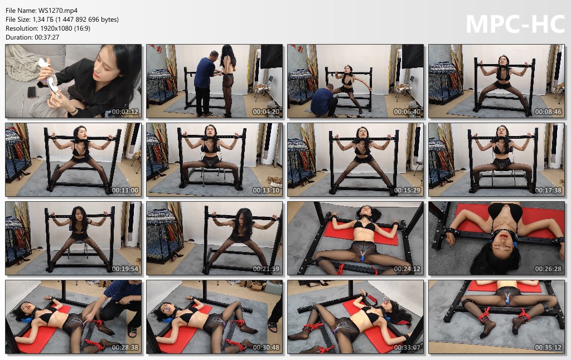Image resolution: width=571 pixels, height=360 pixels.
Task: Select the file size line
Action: pyautogui.click(x=62, y=20)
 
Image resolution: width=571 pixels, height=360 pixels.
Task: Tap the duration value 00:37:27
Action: pyautogui.click(x=47, y=37)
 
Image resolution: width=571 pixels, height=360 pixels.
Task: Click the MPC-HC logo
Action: pyautogui.click(x=515, y=24)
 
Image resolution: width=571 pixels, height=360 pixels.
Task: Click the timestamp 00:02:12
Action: pyautogui.click(x=125, y=112)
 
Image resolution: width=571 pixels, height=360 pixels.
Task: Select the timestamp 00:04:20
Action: pyautogui.click(x=266, y=112)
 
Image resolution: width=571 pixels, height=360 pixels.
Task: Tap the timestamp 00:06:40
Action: pyautogui.click(x=407, y=112)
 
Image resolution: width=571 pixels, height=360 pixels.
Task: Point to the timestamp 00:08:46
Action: pyautogui.click(x=549, y=112)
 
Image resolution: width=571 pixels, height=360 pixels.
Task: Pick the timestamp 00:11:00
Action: pyautogui.click(x=125, y=191)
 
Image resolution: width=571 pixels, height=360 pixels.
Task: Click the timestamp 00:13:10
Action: pyautogui.click(x=266, y=191)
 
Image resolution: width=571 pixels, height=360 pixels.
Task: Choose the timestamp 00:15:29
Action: pyautogui.click(x=407, y=191)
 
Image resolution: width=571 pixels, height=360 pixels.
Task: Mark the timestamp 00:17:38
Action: pyautogui.click(x=549, y=191)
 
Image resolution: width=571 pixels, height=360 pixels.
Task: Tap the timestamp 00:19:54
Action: pyautogui.click(x=125, y=269)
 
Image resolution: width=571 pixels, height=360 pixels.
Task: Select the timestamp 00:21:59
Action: pyautogui.click(x=266, y=269)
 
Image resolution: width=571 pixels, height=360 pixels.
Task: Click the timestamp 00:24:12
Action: pyautogui.click(x=407, y=269)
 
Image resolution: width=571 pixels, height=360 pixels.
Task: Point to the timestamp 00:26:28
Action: pyautogui.click(x=549, y=269)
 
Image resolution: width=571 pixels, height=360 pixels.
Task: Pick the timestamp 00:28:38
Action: pyautogui.click(x=125, y=348)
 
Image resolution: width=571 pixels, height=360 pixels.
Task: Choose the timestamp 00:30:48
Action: pyautogui.click(x=266, y=348)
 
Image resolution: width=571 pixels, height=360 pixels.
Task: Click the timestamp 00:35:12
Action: pyautogui.click(x=549, y=348)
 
